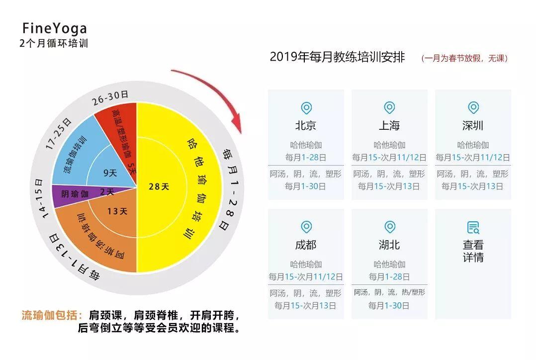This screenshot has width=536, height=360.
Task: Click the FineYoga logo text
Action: [x=54, y=28]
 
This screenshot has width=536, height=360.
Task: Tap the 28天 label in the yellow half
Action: [x=159, y=187]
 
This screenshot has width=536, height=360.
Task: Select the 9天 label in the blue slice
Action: [x=110, y=174]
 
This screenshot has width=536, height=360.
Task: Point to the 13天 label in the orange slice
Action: [x=117, y=211]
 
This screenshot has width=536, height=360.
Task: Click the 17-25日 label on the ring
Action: [x=58, y=134]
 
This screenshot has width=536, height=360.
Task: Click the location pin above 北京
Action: [x=306, y=108]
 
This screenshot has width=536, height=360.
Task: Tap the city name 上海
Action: [x=389, y=126]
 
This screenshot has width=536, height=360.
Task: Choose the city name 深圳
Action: [x=473, y=126]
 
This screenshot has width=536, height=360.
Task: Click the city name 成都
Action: [x=306, y=245]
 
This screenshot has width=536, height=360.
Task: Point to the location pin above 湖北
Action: [x=389, y=228]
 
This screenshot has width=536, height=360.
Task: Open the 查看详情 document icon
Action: [x=473, y=228]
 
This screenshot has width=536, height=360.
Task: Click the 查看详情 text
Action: [x=473, y=251]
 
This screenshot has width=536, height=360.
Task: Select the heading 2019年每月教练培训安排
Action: [x=337, y=57]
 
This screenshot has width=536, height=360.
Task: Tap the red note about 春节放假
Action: [x=464, y=58]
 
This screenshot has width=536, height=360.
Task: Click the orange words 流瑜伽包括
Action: [x=51, y=315]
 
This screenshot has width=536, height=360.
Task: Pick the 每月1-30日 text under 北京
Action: [x=306, y=186]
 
